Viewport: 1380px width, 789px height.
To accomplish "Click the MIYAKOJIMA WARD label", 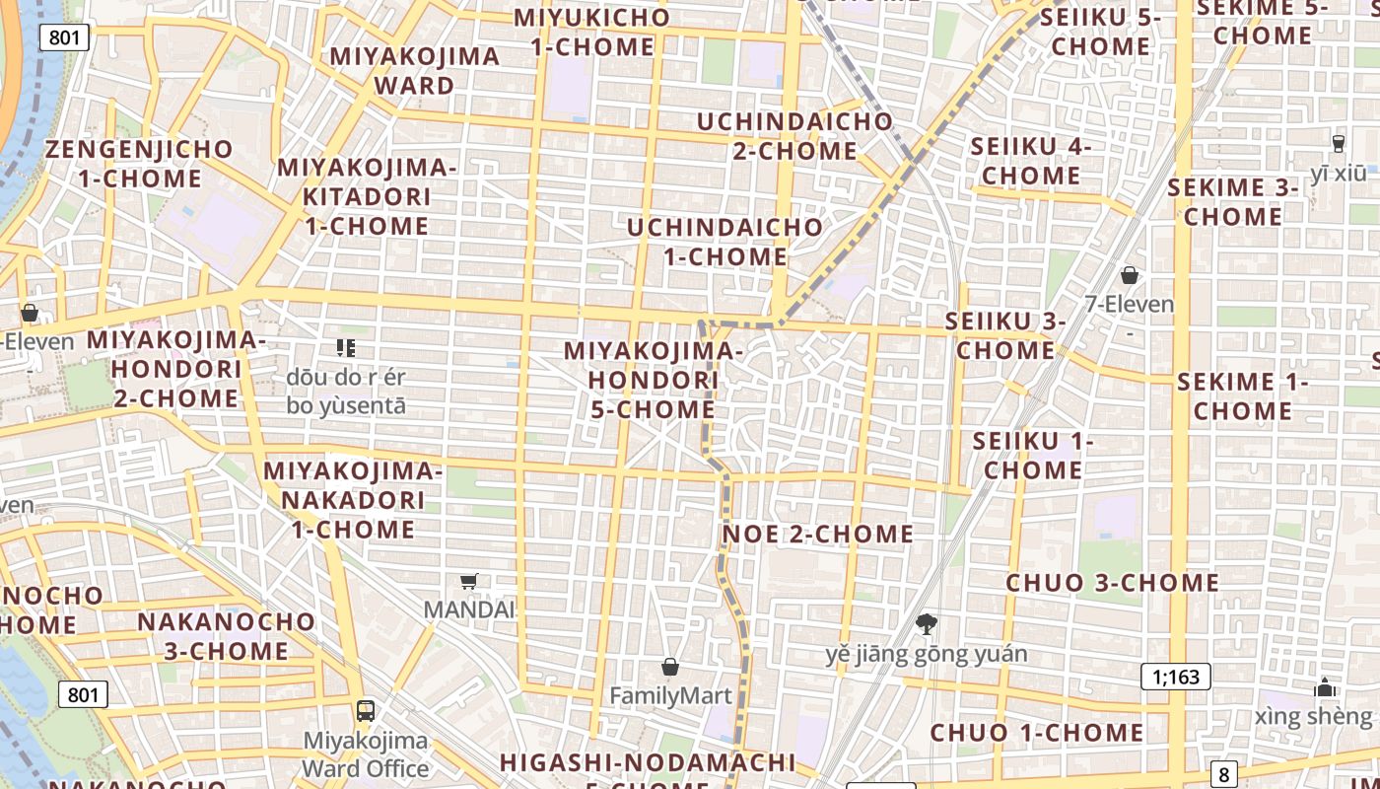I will [414, 70].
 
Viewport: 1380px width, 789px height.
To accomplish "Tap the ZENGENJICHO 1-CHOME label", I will [139, 164].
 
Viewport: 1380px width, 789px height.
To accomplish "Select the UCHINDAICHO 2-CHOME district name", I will [794, 136].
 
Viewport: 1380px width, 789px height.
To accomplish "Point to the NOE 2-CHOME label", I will [818, 535].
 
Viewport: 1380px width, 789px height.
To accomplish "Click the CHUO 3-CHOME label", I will [1112, 583].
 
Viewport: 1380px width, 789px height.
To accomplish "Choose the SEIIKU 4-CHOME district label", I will [1031, 161].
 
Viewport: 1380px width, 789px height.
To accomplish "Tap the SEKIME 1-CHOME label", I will [1242, 395].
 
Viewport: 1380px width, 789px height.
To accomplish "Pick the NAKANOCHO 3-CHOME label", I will [226, 636].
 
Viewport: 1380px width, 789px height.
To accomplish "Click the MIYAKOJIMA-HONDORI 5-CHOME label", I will [654, 380].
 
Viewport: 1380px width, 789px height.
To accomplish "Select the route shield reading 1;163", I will [1175, 677].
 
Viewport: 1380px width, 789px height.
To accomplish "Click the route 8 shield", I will [1224, 774].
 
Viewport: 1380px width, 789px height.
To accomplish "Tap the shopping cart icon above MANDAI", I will [469, 581].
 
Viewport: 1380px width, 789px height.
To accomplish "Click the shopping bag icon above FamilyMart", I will [670, 668].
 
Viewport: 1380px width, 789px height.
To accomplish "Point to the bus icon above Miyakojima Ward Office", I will [365, 710].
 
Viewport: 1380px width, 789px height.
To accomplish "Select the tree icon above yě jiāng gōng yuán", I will [926, 624].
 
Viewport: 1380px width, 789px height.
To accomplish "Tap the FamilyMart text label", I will [670, 696].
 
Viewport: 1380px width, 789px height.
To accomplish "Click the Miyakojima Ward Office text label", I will [365, 754].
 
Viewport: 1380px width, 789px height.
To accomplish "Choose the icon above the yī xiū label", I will [1338, 144].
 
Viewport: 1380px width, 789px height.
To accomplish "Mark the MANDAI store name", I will [469, 610].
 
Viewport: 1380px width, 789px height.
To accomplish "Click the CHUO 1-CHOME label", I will [1037, 733].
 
